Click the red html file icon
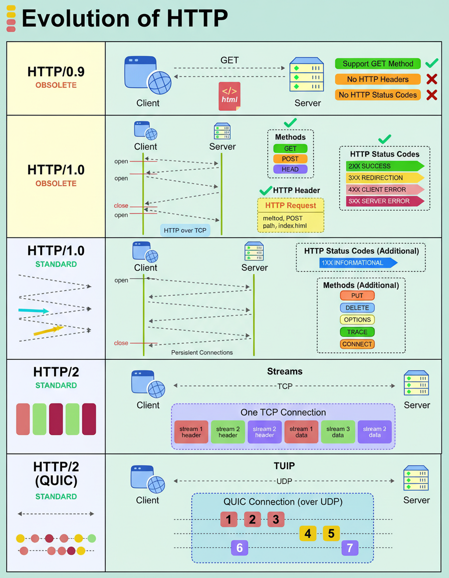coord(230,94)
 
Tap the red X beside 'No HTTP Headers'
coord(431,79)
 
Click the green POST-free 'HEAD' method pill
coord(290,169)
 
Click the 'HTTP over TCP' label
coord(185,230)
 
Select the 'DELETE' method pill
coord(357,308)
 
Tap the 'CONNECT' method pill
coord(357,344)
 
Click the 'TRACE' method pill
coord(357,332)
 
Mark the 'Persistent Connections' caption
coord(202,353)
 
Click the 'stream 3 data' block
coord(338,432)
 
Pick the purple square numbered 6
coord(240,548)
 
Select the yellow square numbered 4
coord(308,533)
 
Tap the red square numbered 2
coord(253,519)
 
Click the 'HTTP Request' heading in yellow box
coord(291,206)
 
